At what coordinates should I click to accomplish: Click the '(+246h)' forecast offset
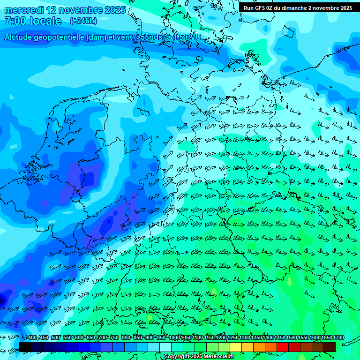pos(83,21)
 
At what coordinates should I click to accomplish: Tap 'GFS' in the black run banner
pos(262,8)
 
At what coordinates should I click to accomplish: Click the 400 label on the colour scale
pos(31,338)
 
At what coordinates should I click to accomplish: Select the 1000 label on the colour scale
pos(175,338)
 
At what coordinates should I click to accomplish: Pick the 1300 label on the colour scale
pos(245,338)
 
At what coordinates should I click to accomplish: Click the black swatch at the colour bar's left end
pos(25,347)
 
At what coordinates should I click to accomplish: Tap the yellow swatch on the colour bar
pos(236,347)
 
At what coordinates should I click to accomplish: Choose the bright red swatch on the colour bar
pos(283,347)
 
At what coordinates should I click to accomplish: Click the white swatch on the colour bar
pos(165,347)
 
